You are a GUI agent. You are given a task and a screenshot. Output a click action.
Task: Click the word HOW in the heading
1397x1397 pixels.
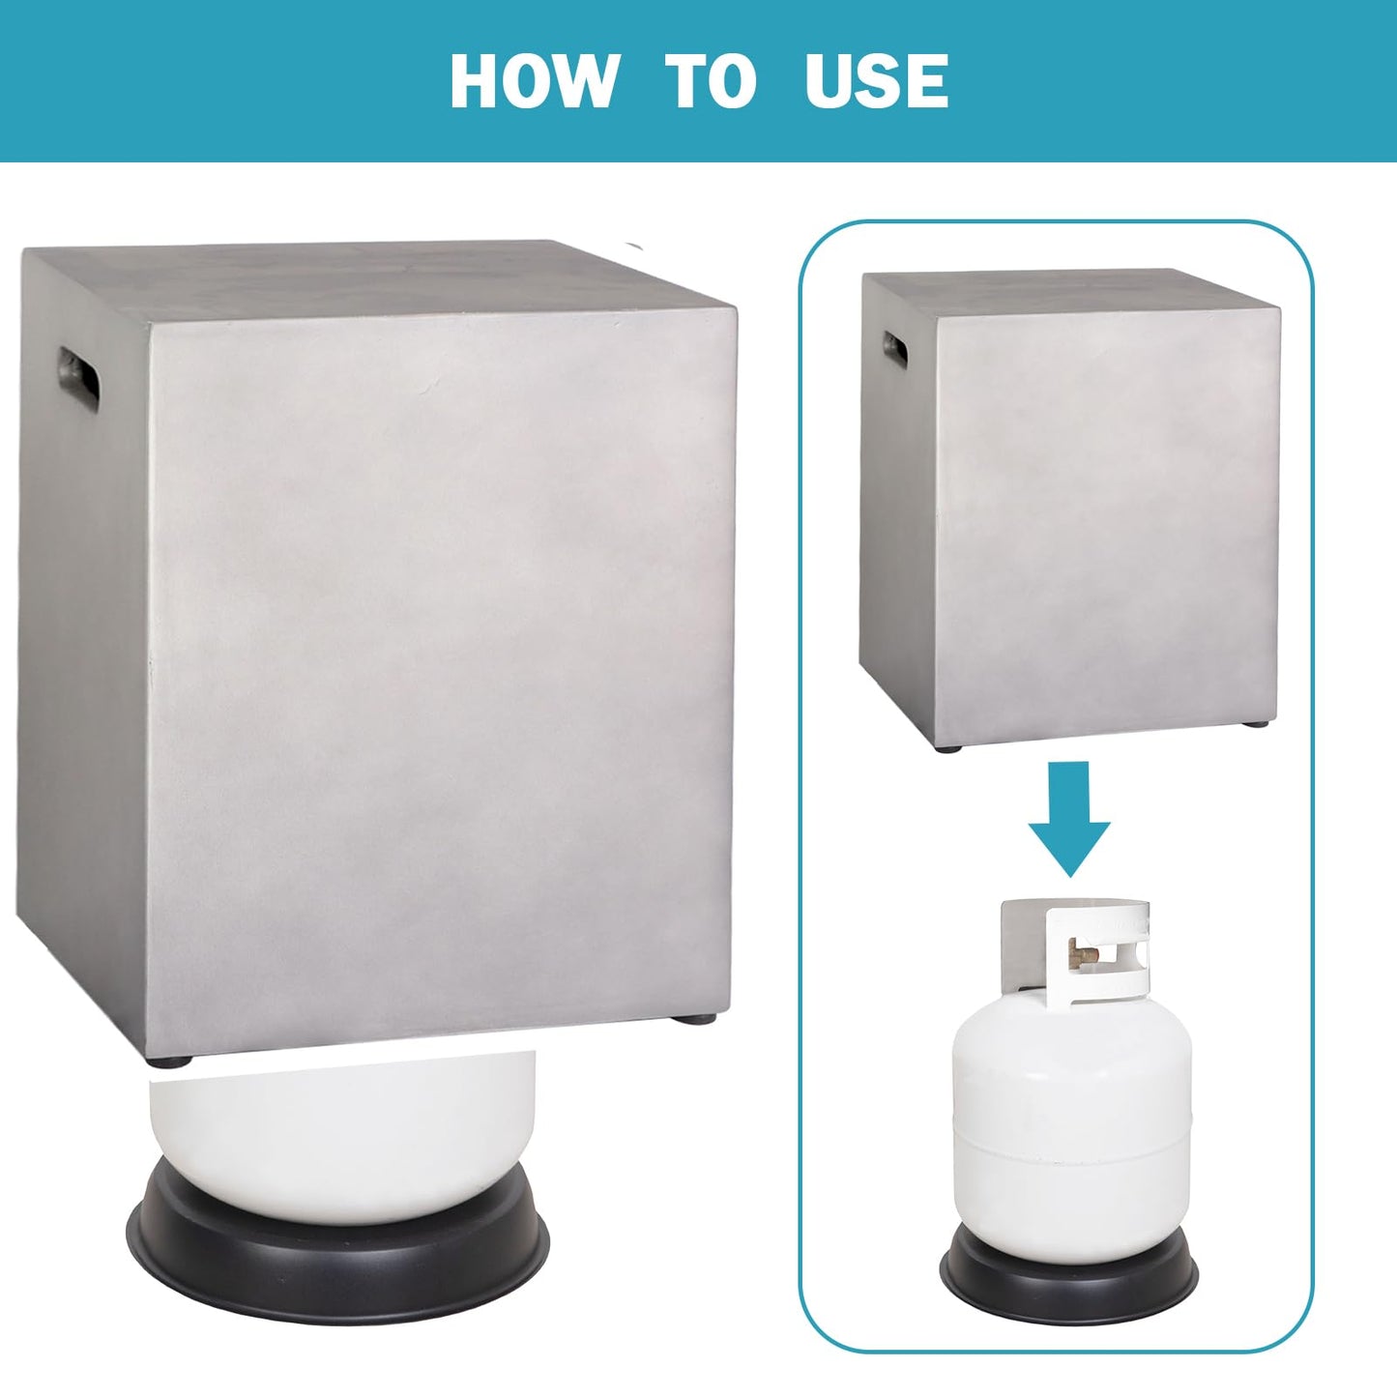[535, 80]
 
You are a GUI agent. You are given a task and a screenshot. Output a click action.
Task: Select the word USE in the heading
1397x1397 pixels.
[877, 80]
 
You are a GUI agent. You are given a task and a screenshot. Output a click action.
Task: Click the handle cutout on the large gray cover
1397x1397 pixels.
[79, 378]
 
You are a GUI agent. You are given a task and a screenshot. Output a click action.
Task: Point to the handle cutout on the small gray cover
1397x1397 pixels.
[894, 349]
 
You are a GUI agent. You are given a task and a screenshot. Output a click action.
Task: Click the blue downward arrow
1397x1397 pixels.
[1069, 819]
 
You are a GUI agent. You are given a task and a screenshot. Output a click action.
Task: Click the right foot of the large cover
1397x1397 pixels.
[692, 1019]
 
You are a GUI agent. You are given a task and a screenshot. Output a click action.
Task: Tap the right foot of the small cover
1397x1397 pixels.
[1257, 723]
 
